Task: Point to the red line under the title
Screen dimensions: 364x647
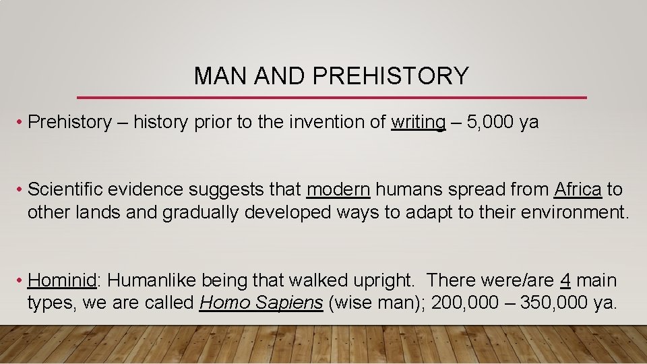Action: click(332, 98)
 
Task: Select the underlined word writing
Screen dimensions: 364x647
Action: click(418, 122)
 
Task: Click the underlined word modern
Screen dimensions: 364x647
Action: click(338, 189)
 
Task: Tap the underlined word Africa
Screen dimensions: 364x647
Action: click(578, 189)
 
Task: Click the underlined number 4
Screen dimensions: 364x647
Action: click(565, 280)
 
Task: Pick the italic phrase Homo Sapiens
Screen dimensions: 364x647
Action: click(261, 303)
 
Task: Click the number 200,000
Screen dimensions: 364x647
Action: click(460, 303)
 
